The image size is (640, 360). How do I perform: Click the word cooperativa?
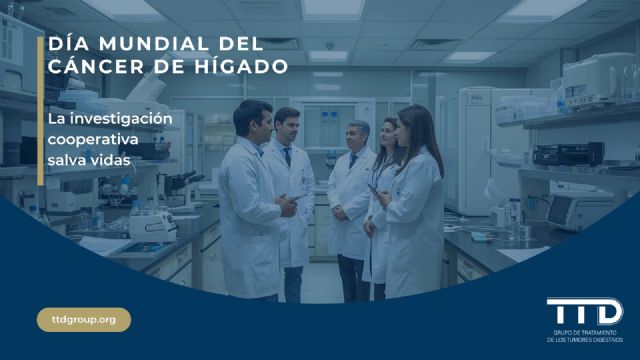(x=92, y=138)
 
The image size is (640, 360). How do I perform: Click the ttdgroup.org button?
(x=84, y=320)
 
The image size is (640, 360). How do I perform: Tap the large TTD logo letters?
(x=585, y=311)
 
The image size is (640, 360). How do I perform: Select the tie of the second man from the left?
(x=287, y=155)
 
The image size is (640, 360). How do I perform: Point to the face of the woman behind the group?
(x=387, y=133)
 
